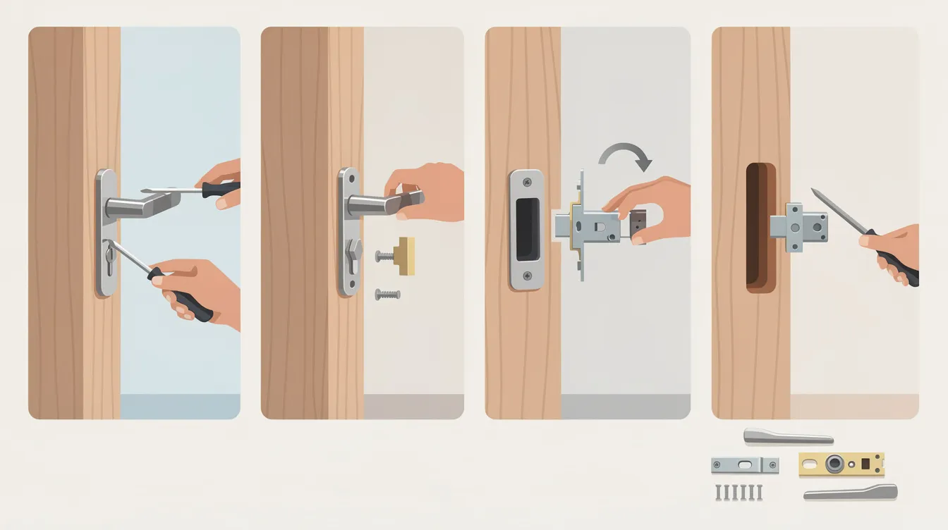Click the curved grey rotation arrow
pyautogui.click(x=625, y=149)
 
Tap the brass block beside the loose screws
pyautogui.click(x=404, y=255)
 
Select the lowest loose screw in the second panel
pyautogui.click(x=387, y=293)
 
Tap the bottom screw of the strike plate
pyautogui.click(x=526, y=277)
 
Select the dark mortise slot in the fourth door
pyautogui.click(x=760, y=227)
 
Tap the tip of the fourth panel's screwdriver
pyautogui.click(x=813, y=190)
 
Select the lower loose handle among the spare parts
pyautogui.click(x=850, y=492)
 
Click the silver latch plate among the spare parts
pyautogui.click(x=745, y=465)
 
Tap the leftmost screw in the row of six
pyautogui.click(x=717, y=492)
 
